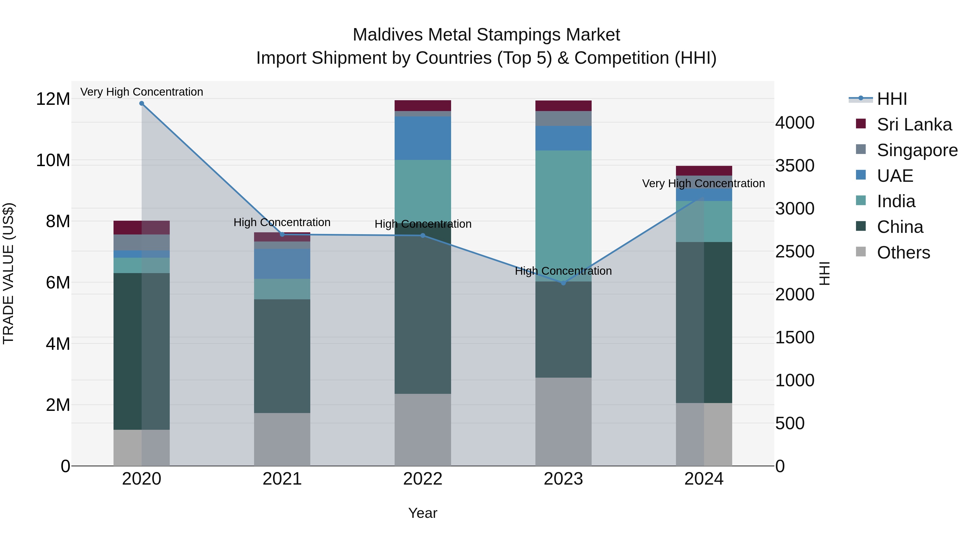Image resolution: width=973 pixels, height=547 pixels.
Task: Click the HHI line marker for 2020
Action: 142,103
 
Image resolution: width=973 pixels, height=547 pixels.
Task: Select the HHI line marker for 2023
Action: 563,283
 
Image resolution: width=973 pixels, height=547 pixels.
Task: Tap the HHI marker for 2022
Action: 423,236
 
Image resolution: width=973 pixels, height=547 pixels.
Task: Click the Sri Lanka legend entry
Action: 914,125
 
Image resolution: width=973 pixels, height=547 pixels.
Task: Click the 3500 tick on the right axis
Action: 795,166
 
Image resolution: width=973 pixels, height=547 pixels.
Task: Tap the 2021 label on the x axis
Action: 282,479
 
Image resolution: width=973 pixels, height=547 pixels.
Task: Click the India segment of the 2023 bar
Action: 563,215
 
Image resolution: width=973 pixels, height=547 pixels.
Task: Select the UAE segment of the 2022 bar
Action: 423,138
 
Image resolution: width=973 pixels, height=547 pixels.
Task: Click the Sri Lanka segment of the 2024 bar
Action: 704,171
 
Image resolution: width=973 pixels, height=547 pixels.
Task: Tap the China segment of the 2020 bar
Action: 128,351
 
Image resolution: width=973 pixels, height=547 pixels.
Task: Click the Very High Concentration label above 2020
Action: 142,92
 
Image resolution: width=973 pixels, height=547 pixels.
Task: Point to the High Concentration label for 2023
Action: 563,271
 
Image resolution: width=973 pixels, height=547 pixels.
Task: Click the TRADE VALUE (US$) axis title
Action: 8,273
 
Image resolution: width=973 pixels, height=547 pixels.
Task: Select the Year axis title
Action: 423,513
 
